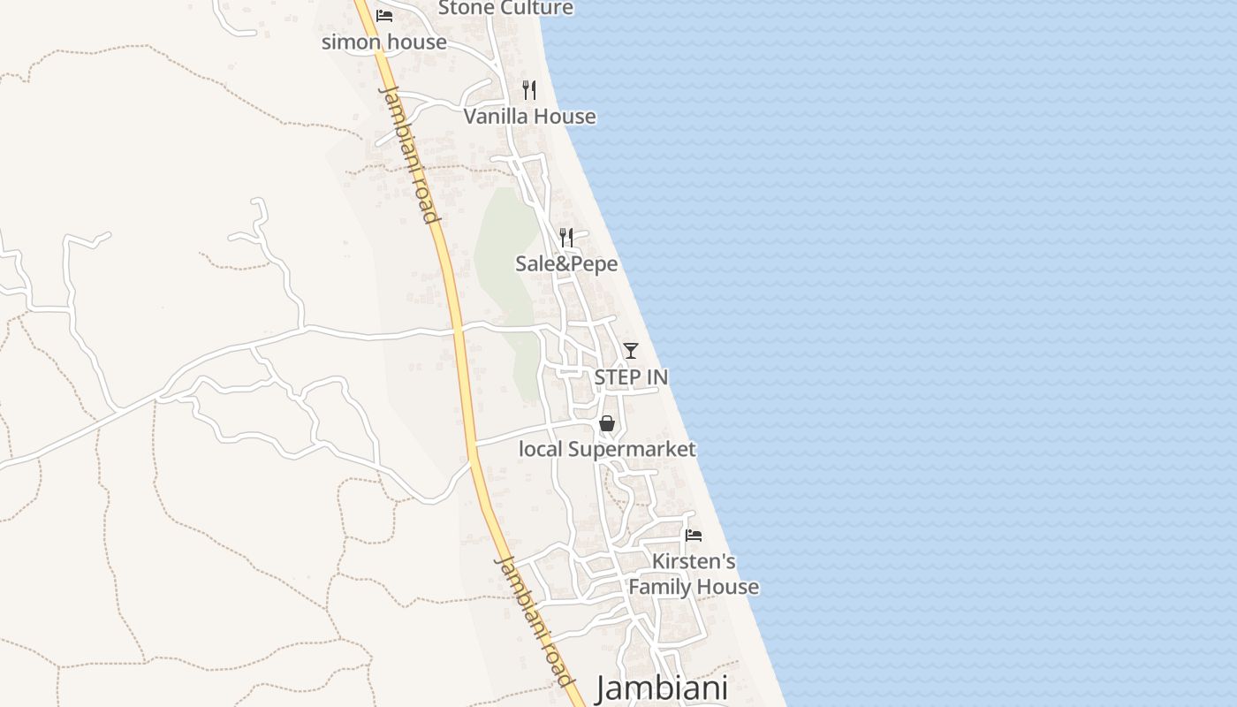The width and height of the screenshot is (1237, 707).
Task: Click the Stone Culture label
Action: click(x=505, y=8)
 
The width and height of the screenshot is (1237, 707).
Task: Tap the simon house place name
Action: click(x=383, y=42)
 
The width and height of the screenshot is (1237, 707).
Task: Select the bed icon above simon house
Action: click(x=384, y=16)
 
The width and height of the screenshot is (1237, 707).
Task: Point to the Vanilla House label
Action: click(x=529, y=116)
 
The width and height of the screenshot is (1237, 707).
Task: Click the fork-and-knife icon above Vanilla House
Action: click(x=529, y=89)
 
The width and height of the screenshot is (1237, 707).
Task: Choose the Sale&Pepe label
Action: click(x=566, y=263)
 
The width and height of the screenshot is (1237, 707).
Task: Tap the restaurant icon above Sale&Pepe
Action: click(x=566, y=237)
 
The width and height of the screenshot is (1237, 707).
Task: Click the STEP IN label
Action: click(x=631, y=376)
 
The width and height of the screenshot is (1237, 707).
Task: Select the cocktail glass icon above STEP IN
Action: click(x=630, y=351)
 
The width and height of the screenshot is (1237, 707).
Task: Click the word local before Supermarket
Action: click(x=540, y=449)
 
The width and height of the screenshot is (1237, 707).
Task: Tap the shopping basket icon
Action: click(x=607, y=423)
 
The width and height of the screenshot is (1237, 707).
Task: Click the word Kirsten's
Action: click(x=694, y=561)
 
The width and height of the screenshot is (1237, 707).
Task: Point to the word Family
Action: click(x=658, y=587)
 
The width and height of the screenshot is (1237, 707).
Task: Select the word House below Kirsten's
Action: click(x=725, y=587)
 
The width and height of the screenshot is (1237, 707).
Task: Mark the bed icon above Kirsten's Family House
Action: click(x=694, y=536)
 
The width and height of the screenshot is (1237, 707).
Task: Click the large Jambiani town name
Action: click(x=662, y=688)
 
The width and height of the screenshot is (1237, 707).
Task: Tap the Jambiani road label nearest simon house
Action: click(x=409, y=155)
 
